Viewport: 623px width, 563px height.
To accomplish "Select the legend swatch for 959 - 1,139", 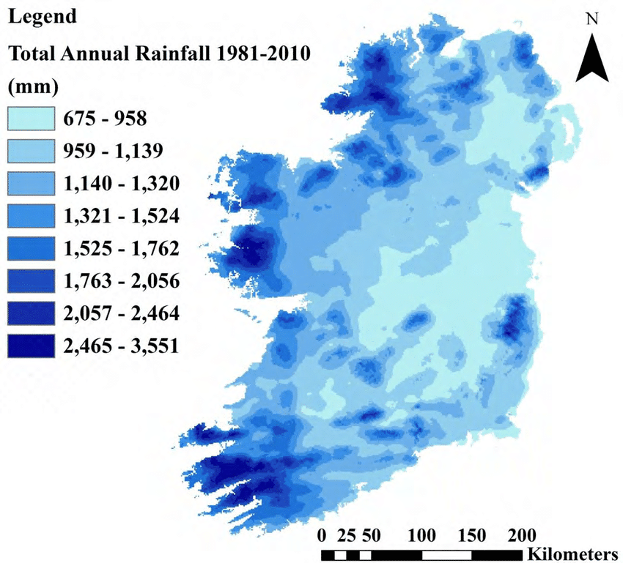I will click(32, 151).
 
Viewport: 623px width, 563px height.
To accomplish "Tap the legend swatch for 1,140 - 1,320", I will click(32, 183).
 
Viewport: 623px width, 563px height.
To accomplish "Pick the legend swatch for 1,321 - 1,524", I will click(32, 216).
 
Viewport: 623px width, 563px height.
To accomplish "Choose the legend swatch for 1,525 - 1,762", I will click(32, 249).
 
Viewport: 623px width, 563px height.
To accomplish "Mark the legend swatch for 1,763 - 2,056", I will click(32, 282).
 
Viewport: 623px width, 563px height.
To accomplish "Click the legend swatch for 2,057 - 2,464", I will click(32, 314).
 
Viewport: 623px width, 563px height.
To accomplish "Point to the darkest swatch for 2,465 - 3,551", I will click(32, 346).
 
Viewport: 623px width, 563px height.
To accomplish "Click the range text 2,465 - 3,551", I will click(122, 346).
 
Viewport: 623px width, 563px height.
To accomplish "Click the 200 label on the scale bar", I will click(521, 534).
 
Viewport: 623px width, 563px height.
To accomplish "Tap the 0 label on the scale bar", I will click(323, 534).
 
